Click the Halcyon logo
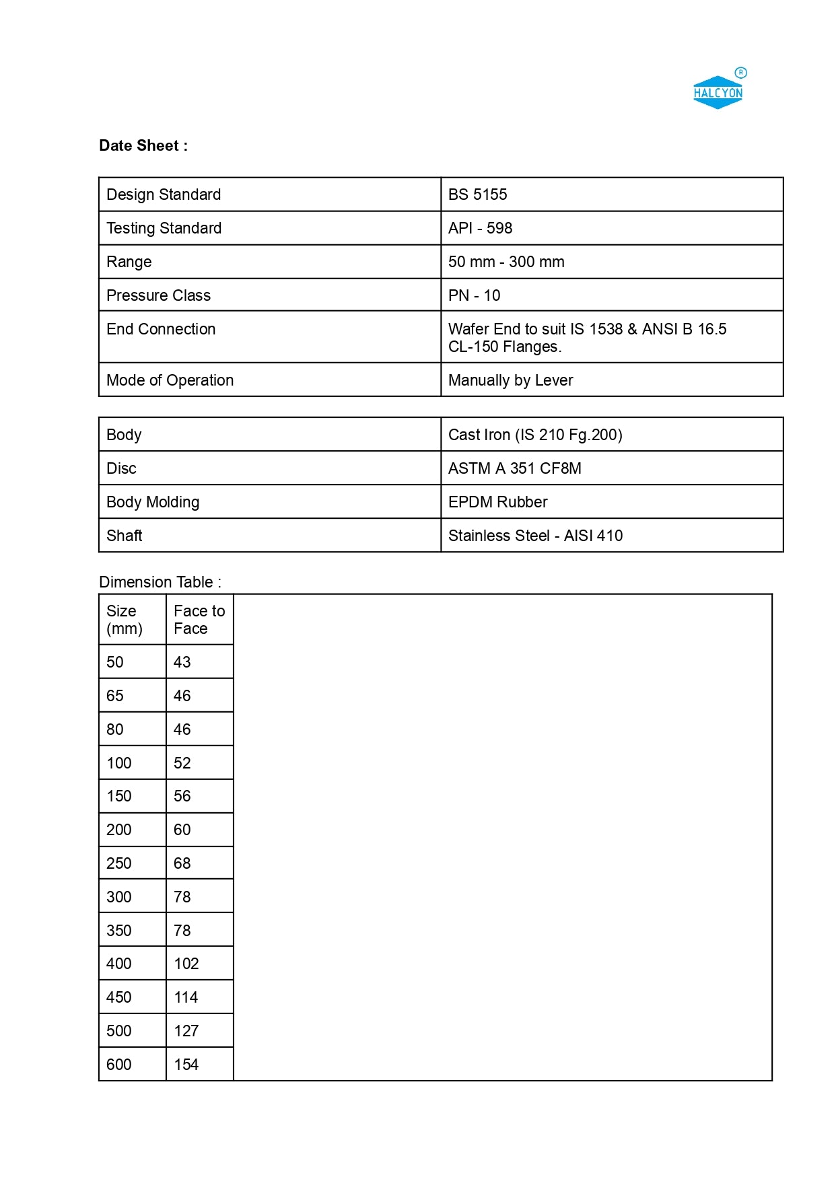tap(718, 92)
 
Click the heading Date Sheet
tap(143, 146)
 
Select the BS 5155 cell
tap(477, 194)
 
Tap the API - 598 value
tap(480, 228)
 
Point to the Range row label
tap(129, 262)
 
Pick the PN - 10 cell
tap(474, 295)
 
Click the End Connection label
tap(161, 329)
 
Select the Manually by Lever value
tap(510, 380)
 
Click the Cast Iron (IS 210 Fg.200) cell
tap(535, 435)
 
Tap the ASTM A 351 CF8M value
tap(514, 468)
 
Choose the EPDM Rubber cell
tap(497, 502)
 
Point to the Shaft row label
tap(125, 536)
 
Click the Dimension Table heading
tap(160, 582)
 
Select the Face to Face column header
tap(199, 620)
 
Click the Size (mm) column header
tap(125, 620)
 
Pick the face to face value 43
tap(182, 662)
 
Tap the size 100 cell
tap(119, 763)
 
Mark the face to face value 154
tap(186, 1065)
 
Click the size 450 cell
tap(119, 997)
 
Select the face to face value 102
tap(186, 964)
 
